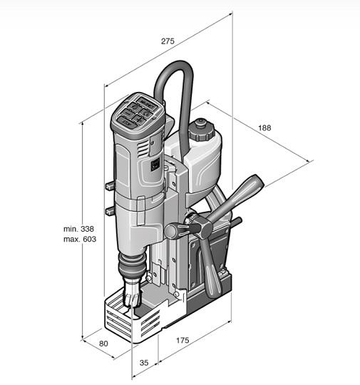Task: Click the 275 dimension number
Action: click(168, 41)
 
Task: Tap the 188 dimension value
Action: click(264, 128)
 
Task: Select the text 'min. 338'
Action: click(78, 228)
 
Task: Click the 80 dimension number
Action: click(104, 344)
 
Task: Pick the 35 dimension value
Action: click(144, 363)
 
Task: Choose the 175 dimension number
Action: click(182, 341)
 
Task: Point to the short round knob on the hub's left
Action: click(172, 230)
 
